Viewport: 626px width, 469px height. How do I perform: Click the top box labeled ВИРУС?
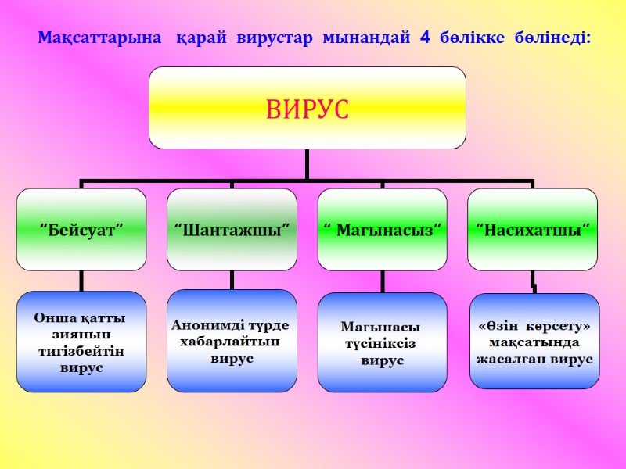pyautogui.click(x=307, y=108)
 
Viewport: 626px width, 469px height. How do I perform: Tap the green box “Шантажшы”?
pyautogui.click(x=232, y=229)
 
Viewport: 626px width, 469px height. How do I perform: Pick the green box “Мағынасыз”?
pyautogui.click(x=382, y=229)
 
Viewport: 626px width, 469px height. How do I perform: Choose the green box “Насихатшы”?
pyautogui.click(x=532, y=229)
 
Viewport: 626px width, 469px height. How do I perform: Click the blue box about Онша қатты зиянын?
pyautogui.click(x=81, y=342)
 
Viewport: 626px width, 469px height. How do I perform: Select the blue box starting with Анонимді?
pyautogui.click(x=232, y=341)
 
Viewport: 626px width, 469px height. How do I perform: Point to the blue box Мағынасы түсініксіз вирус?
pyautogui.click(x=382, y=342)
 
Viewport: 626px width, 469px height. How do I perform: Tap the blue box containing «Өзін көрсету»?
pyautogui.click(x=534, y=341)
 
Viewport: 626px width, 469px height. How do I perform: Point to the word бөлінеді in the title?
pyautogui.click(x=556, y=38)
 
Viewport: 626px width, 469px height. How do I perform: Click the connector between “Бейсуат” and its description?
pyautogui.click(x=81, y=281)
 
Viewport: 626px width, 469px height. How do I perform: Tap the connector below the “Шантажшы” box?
pyautogui.click(x=232, y=280)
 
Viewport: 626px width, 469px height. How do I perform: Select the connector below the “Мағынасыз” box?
pyautogui.click(x=382, y=281)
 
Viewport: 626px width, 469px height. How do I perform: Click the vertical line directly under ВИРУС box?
pyautogui.click(x=307, y=164)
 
